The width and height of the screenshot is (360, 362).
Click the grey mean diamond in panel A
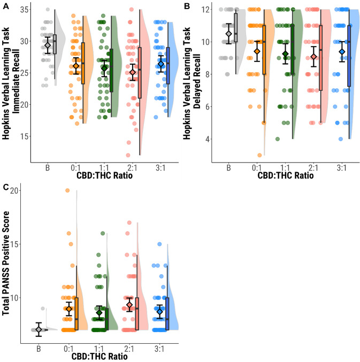pyautogui.click(x=47, y=45)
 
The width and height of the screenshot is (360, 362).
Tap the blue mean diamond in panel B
pyautogui.click(x=342, y=52)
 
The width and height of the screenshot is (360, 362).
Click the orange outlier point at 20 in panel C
pyautogui.click(x=67, y=190)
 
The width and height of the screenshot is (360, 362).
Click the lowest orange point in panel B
pyautogui.click(x=259, y=155)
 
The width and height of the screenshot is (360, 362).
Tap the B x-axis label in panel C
pyautogui.click(x=39, y=349)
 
